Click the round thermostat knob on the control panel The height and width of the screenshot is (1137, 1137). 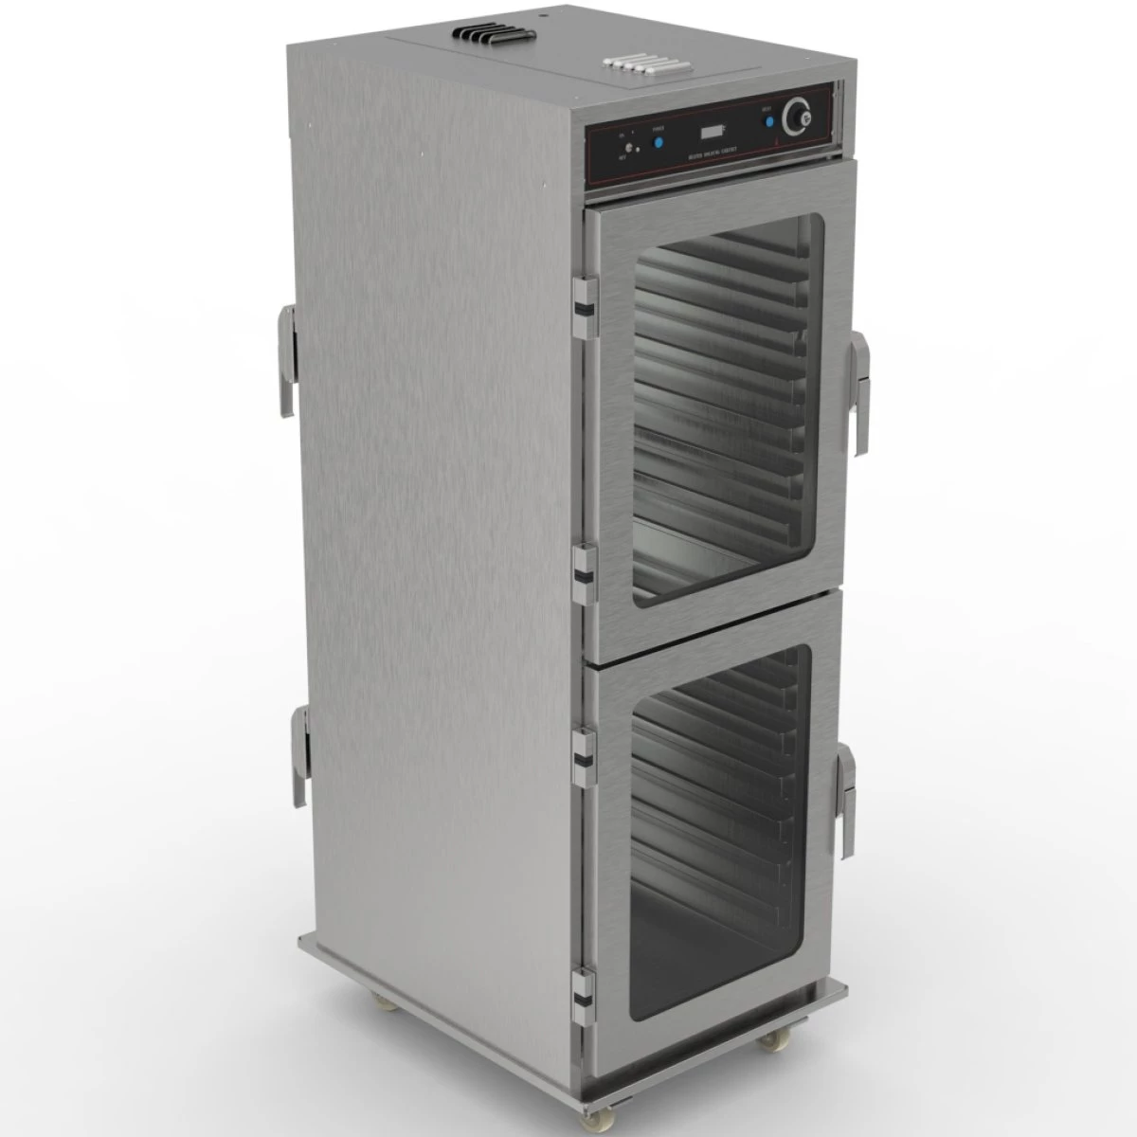click(x=798, y=117)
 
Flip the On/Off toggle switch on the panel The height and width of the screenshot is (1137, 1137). click(x=633, y=149)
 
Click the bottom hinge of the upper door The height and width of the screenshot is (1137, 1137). click(x=585, y=567)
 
